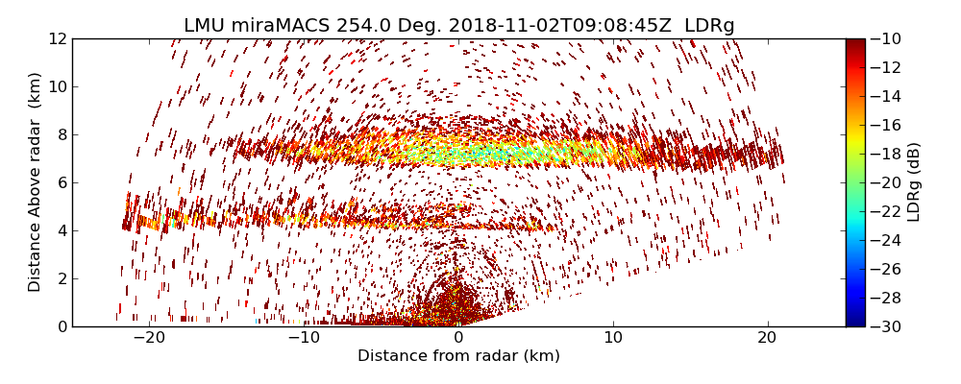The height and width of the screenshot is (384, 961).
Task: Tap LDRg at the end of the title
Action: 709,26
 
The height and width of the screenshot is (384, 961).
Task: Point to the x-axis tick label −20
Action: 149,339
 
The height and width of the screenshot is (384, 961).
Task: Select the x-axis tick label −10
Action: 304,339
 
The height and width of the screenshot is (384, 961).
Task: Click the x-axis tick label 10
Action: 613,339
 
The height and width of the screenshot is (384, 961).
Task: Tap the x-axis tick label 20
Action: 767,339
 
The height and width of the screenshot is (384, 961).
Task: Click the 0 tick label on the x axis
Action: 458,339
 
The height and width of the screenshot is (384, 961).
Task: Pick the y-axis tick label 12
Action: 57,39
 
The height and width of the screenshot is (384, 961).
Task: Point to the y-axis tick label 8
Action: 61,135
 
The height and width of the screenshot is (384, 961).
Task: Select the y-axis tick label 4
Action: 61,231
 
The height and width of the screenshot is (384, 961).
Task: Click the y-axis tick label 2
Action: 61,279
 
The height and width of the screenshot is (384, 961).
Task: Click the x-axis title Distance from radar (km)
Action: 458,356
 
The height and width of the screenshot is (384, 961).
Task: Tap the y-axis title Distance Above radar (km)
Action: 36,182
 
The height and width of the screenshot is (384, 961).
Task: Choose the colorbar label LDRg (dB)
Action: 914,182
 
